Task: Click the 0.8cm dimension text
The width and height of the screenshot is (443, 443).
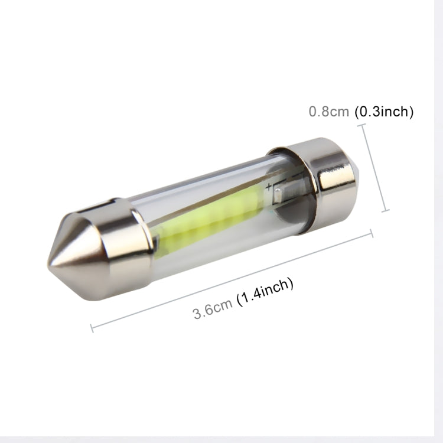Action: (329, 112)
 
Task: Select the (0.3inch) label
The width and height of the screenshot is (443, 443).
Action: (383, 112)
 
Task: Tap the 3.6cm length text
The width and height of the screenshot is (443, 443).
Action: (213, 309)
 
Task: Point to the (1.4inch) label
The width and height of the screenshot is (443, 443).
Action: (265, 292)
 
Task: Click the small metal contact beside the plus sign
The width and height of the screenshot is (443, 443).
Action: (281, 192)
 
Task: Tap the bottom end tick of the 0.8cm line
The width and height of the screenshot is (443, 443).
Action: (386, 210)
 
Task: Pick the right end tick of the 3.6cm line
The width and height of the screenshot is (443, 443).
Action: (372, 233)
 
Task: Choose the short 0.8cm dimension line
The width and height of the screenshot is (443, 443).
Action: (374, 168)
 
